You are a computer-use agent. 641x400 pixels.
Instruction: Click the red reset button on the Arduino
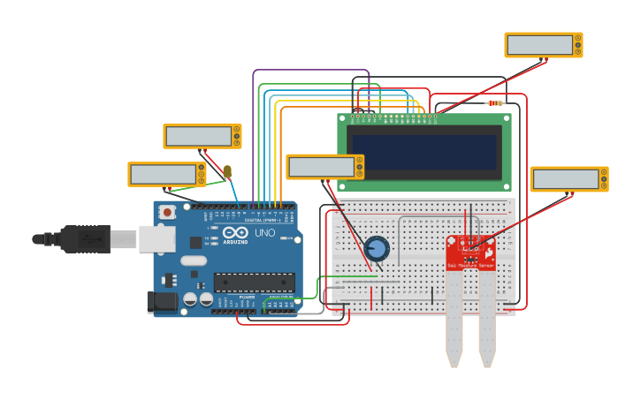(x=167, y=212)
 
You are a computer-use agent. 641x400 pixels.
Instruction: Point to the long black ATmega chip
(x=254, y=283)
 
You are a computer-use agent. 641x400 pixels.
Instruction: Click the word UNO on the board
(x=265, y=234)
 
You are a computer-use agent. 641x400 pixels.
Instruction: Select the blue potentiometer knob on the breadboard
(x=377, y=248)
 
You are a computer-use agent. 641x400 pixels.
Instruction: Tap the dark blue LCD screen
(x=424, y=152)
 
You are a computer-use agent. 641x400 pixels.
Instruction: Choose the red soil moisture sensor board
(x=470, y=253)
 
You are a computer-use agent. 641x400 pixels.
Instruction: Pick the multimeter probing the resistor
(x=543, y=45)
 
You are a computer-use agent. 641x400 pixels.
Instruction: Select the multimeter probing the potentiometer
(x=324, y=167)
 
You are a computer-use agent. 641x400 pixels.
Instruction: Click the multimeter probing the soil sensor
(x=569, y=179)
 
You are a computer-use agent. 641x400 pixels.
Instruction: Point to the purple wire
(x=309, y=71)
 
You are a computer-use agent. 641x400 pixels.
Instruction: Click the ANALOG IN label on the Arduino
(x=281, y=297)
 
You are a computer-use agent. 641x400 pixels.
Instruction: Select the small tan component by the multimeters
(x=227, y=172)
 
